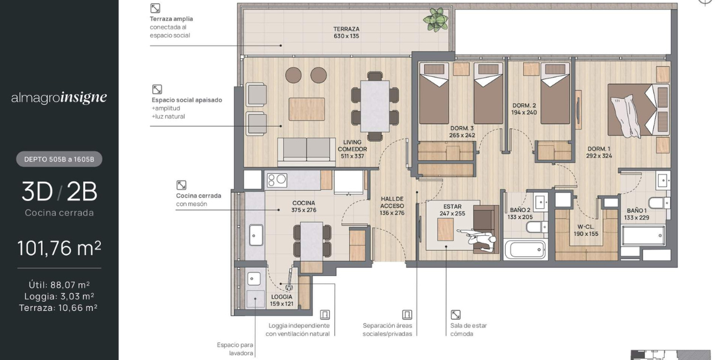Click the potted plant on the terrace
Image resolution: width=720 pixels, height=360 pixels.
tap(436, 19)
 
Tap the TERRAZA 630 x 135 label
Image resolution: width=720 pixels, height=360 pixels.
tap(346, 32)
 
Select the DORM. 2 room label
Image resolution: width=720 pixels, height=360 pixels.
tap(524, 109)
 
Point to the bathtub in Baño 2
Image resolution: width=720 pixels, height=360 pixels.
tap(525, 250)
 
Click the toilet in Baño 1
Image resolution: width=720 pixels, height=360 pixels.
tap(659, 203)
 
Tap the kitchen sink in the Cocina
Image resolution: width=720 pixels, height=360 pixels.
tap(256, 235)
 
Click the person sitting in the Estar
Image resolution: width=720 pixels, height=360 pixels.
tap(478, 238)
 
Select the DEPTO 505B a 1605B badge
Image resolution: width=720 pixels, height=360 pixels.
tap(59, 159)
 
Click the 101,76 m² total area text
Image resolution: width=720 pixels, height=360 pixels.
tap(59, 248)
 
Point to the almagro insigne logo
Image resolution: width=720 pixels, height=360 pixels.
tap(59, 98)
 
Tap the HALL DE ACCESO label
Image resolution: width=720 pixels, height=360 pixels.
tap(392, 206)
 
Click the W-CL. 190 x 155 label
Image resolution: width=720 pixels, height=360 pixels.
tap(586, 230)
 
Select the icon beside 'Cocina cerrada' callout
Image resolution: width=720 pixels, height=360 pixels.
tap(181, 185)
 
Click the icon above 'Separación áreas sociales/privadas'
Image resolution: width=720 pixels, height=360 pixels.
tap(407, 314)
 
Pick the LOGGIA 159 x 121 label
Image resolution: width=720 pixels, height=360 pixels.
tap(281, 300)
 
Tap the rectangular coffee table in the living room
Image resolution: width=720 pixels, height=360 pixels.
tap(307, 109)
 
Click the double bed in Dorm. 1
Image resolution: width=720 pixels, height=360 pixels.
tap(638, 110)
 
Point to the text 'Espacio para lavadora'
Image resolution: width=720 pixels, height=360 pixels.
tap(235, 349)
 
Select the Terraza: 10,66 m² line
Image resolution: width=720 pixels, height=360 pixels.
tap(58, 308)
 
